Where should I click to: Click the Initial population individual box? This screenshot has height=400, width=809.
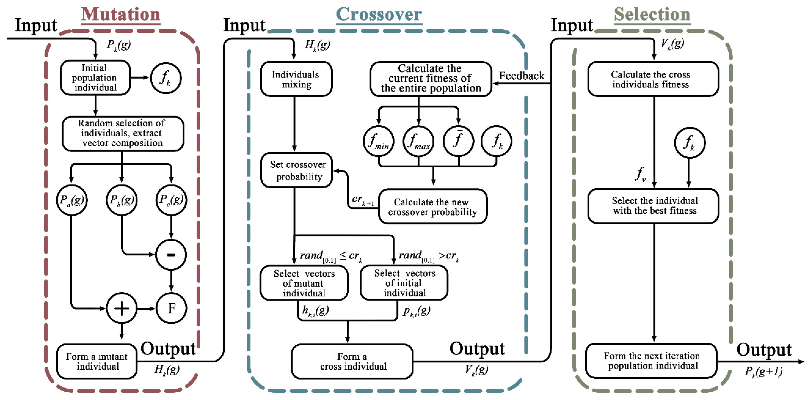95,78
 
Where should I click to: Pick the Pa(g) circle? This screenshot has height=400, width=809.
72,200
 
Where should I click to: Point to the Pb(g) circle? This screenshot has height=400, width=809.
122,200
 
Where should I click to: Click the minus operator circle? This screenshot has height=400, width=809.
171,254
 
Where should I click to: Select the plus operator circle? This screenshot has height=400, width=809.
122,308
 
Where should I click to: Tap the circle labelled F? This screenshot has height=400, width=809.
171,308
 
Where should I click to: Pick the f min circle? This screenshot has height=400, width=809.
379,141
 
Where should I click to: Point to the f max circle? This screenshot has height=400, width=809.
418,141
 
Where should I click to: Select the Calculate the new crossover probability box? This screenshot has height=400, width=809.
432,207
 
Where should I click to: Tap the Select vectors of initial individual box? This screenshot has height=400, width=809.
404,283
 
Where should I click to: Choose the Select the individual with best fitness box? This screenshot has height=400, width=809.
654,206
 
